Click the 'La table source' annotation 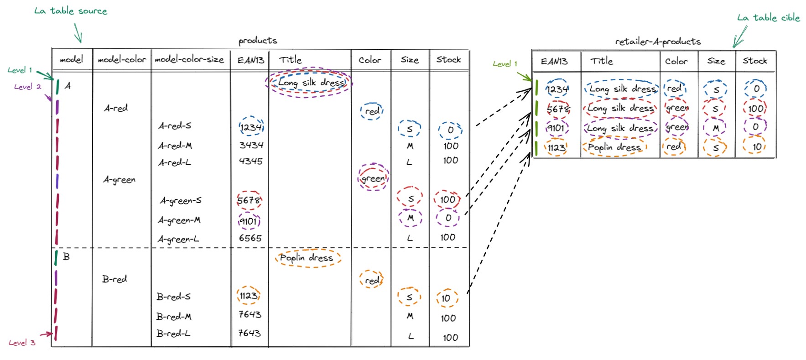pos(71,11)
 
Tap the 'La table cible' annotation pos(768,18)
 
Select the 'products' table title pos(258,41)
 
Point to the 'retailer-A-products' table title pos(658,42)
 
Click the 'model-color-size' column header pos(189,60)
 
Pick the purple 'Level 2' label pos(27,87)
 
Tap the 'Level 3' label pos(22,343)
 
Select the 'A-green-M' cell pos(179,220)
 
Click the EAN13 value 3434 pos(251,145)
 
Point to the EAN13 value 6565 pos(250,238)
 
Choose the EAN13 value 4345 pos(251,161)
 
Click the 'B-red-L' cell pos(173,334)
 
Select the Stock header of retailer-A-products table pos(755,61)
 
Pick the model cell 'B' pos(67,257)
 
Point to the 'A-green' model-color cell pos(119,180)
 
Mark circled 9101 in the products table pos(249,222)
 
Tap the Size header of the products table pos(410,60)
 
